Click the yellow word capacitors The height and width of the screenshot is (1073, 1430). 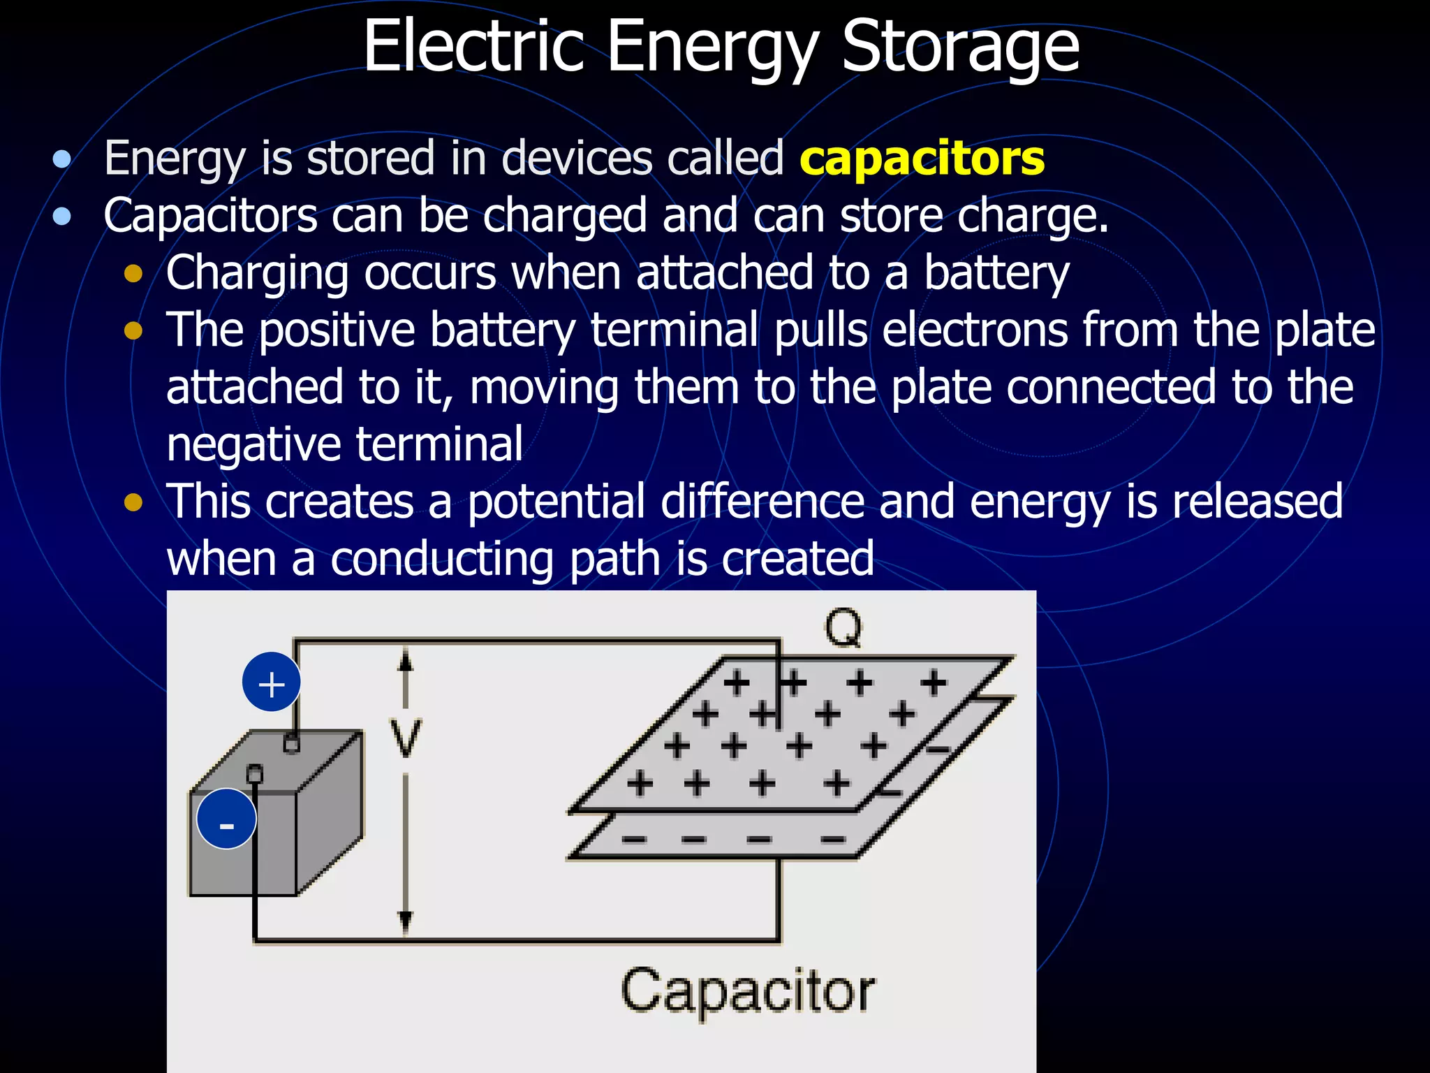tap(922, 159)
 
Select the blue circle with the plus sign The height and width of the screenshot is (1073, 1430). tap(272, 683)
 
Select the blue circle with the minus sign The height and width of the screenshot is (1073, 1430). tap(226, 819)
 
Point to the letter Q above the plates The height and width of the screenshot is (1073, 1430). tap(843, 628)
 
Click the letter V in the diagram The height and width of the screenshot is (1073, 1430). tap(405, 738)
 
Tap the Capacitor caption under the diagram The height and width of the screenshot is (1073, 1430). tap(747, 991)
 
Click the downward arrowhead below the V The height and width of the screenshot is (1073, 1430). tap(405, 922)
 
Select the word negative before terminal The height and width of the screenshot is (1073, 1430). tap(253, 444)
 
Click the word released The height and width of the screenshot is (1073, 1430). tap(1257, 502)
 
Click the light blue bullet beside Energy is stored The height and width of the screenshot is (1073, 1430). tap(62, 159)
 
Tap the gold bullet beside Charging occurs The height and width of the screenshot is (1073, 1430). tap(133, 274)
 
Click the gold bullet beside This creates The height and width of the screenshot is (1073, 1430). tap(133, 502)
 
